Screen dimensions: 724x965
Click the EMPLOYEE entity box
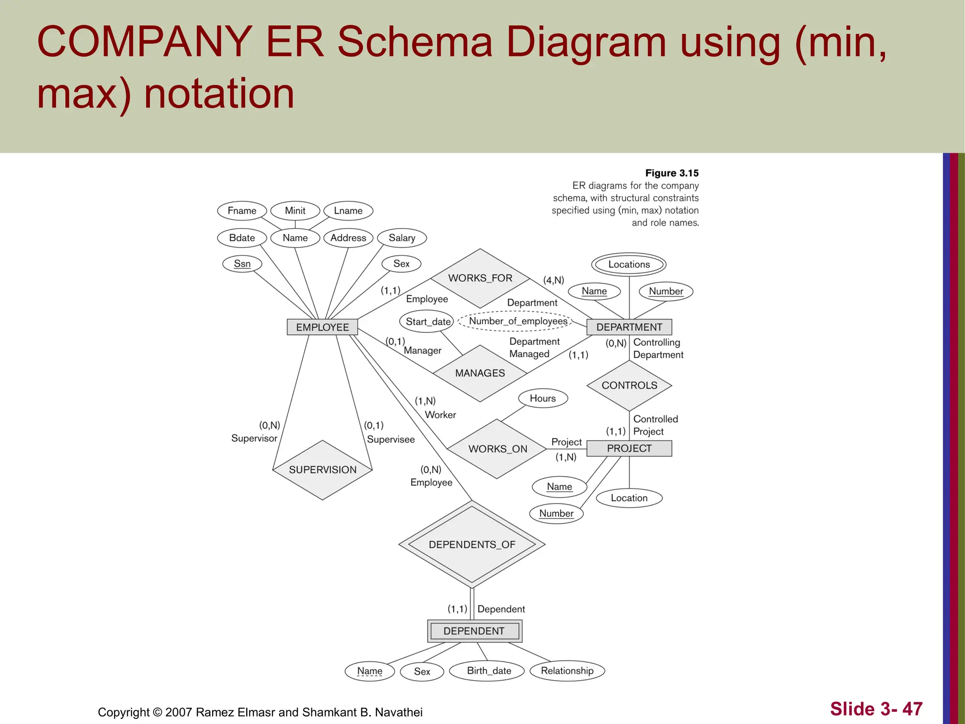point(322,327)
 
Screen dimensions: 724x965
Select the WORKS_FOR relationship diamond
point(480,278)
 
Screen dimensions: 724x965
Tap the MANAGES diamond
point(480,373)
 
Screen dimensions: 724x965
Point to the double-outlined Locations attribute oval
point(629,264)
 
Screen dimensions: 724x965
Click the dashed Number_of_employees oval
point(517,321)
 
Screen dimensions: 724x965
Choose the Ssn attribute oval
point(242,264)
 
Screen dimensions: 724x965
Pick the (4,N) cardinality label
point(553,280)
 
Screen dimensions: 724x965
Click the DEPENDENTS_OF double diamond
point(472,544)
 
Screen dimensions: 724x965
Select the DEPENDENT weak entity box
point(474,631)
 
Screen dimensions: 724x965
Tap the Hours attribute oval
point(543,398)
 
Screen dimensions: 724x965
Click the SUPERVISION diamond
point(322,470)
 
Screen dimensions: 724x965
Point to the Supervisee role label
point(391,439)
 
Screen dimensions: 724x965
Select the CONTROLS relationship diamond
point(629,386)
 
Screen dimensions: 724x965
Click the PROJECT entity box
point(629,448)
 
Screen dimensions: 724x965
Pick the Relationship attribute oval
point(567,671)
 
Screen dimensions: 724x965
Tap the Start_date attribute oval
point(428,321)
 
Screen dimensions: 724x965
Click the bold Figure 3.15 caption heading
point(671,173)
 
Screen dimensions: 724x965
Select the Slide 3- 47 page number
point(876,709)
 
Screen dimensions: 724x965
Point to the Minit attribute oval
point(295,211)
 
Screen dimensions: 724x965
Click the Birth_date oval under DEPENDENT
point(489,671)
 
